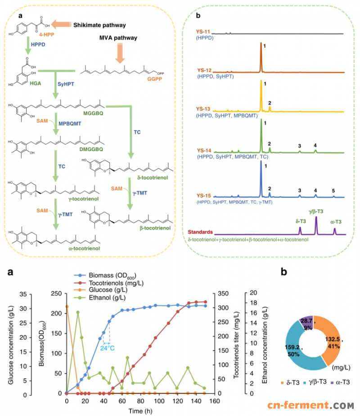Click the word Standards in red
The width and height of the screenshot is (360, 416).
(x=201, y=232)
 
